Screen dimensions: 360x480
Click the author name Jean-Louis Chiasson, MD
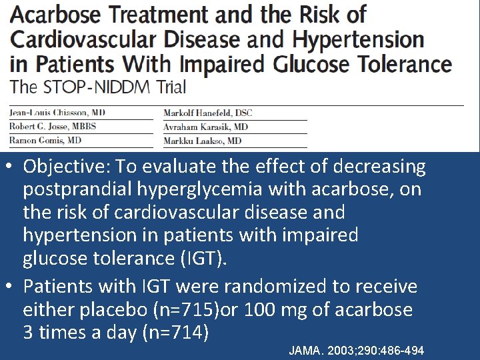(57, 113)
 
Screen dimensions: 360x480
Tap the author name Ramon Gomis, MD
(45, 141)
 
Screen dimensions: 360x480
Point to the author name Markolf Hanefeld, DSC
(209, 113)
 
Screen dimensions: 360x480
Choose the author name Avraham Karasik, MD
(205, 127)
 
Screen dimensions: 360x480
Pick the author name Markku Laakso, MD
(203, 141)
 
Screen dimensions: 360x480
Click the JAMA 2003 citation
(356, 351)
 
